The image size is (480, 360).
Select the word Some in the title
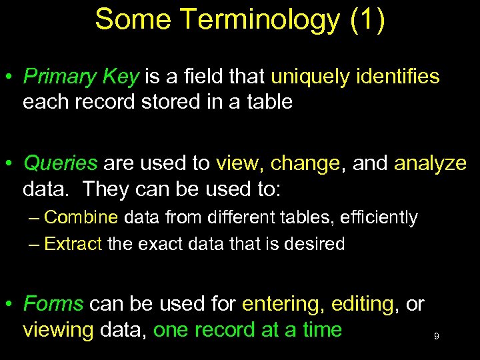127,19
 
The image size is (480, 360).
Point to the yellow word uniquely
311,77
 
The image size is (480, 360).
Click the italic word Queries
61,164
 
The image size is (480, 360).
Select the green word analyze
431,164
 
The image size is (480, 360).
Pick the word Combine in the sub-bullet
81,217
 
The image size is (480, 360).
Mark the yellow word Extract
73,244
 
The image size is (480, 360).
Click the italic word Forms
53,304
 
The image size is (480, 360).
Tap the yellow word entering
281,305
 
